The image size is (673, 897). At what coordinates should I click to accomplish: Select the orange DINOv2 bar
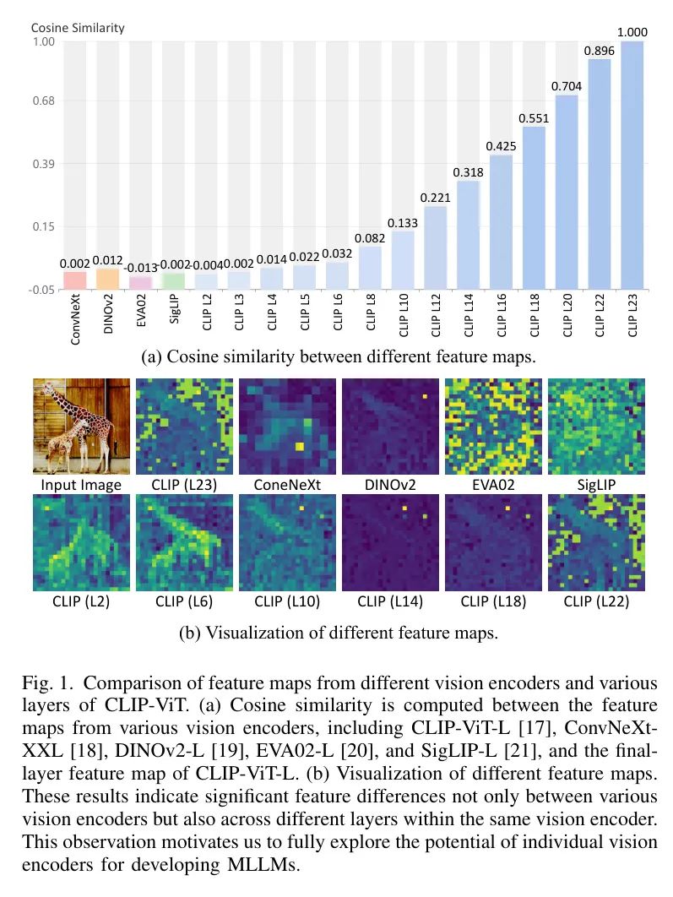[x=108, y=279]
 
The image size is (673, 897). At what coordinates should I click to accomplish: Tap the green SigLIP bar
[x=173, y=281]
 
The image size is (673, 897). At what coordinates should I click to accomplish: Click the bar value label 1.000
[x=632, y=33]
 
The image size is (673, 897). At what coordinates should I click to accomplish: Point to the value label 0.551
[x=534, y=118]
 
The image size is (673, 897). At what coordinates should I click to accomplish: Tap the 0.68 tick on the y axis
[x=42, y=101]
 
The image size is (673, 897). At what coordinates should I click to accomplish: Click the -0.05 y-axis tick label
[x=41, y=290]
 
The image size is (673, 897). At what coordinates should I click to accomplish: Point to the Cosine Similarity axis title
[x=78, y=28]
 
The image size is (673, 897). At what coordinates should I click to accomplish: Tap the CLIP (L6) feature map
[x=184, y=541]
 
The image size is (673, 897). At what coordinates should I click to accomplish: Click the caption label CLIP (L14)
[x=390, y=601]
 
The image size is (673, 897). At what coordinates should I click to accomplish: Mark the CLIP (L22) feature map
[x=596, y=541]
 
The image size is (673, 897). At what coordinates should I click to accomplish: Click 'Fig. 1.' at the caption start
[x=47, y=682]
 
